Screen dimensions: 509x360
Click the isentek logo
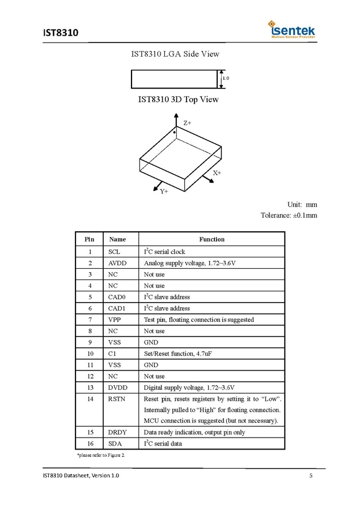pos(292,29)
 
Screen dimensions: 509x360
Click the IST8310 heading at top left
pos(60,32)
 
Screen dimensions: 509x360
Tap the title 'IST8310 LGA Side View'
pos(175,54)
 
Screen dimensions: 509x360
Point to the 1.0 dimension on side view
pos(226,78)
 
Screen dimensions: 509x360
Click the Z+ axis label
pos(187,122)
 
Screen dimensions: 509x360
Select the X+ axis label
pos(217,172)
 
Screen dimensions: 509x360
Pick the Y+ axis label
pos(164,192)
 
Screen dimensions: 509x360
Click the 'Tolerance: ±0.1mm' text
pos(289,215)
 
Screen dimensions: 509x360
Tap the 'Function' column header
pos(211,239)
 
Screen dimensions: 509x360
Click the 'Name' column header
pos(117,239)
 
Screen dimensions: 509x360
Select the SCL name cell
pos(114,252)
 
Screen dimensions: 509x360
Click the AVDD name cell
pos(117,263)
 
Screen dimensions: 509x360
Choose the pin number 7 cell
pos(90,320)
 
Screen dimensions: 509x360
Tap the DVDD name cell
pos(117,388)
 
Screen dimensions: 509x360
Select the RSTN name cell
pos(117,399)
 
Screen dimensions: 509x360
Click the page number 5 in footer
pos(311,475)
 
